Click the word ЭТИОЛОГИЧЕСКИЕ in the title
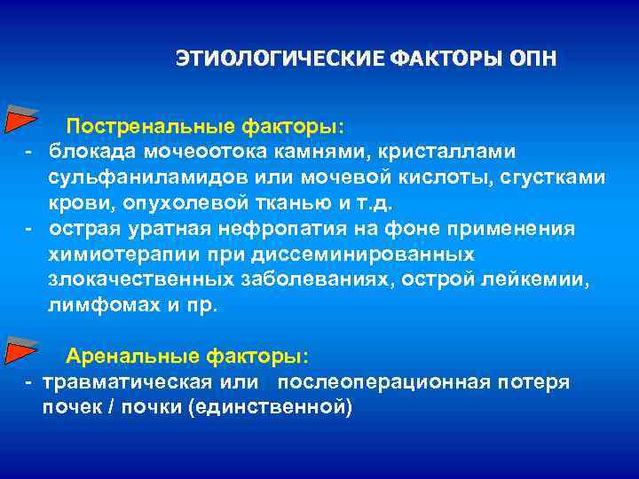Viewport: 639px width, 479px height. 280,59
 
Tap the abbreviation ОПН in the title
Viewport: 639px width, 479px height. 532,59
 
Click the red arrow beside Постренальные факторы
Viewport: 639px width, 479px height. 20,119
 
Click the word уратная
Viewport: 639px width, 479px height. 151,229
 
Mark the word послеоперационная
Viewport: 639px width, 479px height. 383,382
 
